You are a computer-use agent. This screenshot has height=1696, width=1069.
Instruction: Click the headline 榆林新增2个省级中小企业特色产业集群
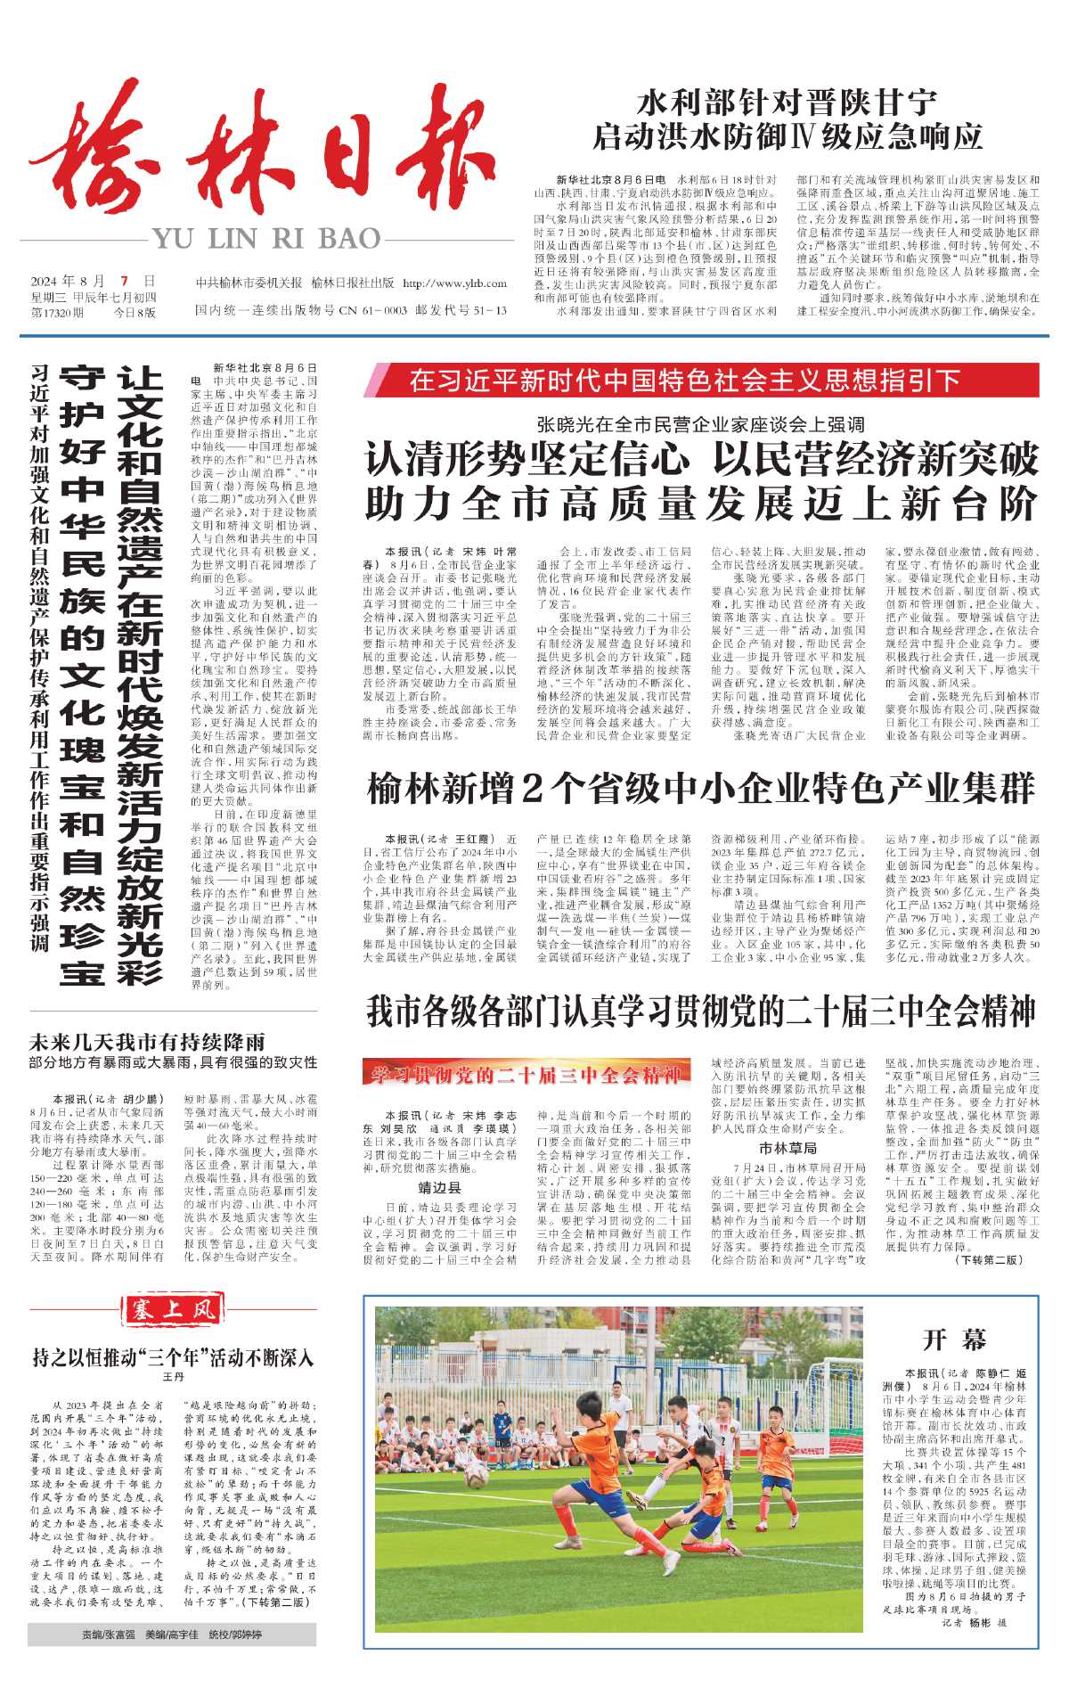(x=701, y=790)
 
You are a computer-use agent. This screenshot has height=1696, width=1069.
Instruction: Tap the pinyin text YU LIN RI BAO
(x=266, y=239)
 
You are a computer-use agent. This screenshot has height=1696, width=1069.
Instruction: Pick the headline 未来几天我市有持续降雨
(x=148, y=1042)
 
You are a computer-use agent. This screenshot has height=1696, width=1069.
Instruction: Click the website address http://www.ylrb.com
(x=454, y=283)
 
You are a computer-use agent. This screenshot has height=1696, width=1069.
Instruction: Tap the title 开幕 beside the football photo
(x=954, y=1340)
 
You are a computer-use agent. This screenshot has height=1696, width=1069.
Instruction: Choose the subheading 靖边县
(x=439, y=1187)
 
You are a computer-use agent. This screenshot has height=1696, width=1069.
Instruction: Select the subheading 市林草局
(x=787, y=1148)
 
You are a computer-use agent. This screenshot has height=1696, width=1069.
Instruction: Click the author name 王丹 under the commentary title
(x=173, y=1377)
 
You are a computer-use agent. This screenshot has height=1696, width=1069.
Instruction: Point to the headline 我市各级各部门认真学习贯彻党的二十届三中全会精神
(x=701, y=1012)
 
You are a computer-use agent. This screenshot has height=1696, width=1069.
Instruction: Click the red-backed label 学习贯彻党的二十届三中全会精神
(x=526, y=1075)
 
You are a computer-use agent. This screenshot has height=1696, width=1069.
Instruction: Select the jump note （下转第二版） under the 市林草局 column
(x=989, y=1260)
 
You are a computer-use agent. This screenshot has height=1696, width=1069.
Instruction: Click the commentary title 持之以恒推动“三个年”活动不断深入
(x=173, y=1358)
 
